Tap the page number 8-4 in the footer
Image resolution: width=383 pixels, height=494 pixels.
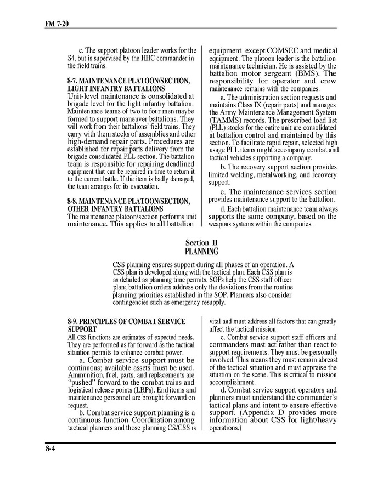click(x=51, y=449)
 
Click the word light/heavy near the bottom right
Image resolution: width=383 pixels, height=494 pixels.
click(x=315, y=420)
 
